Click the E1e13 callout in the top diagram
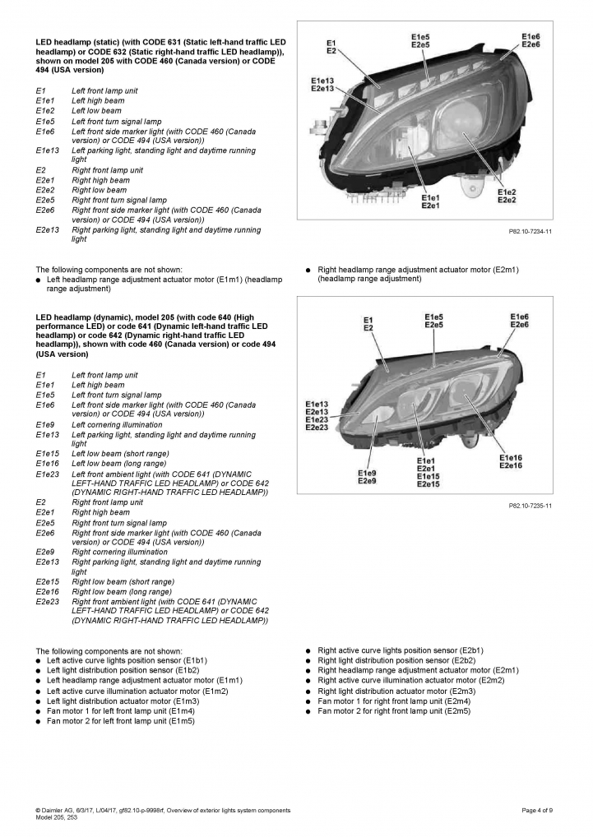click(322, 80)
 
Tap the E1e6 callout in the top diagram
click(530, 37)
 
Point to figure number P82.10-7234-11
click(530, 232)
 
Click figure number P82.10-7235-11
click(530, 506)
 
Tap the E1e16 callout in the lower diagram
click(511, 457)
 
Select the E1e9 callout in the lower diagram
click(367, 473)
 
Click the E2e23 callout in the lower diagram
click(317, 428)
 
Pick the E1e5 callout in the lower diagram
click(433, 317)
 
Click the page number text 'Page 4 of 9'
click(537, 810)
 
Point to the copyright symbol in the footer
click(38, 810)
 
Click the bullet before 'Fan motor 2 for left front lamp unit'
click(38, 721)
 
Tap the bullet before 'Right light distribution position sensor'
click(308, 660)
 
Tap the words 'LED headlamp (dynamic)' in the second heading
click(82, 317)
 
